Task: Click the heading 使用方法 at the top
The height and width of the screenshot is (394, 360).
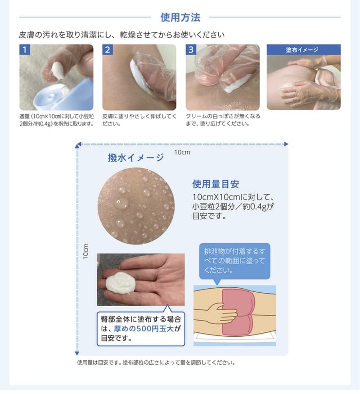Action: pos(180,18)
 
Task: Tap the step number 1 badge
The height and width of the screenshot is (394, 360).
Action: pos(25,50)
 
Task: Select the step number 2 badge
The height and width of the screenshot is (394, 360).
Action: pos(108,50)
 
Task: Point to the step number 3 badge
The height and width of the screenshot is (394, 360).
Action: pos(191,50)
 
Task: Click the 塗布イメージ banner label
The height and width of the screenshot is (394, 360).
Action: pos(303,50)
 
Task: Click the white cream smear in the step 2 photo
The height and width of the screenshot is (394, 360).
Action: pos(135,74)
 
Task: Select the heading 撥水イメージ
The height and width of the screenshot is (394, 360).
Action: pos(135,158)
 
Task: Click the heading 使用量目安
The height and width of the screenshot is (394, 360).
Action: pos(216,184)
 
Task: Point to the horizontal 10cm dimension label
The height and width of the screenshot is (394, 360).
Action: pos(182,152)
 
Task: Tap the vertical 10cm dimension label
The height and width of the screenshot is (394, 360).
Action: pos(85,251)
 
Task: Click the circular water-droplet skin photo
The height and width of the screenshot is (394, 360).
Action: pos(136,206)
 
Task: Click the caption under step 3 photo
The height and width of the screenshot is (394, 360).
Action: pos(223,119)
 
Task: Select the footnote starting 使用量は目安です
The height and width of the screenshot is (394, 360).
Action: pos(156,362)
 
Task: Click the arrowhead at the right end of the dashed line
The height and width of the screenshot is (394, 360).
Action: pos(286,144)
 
